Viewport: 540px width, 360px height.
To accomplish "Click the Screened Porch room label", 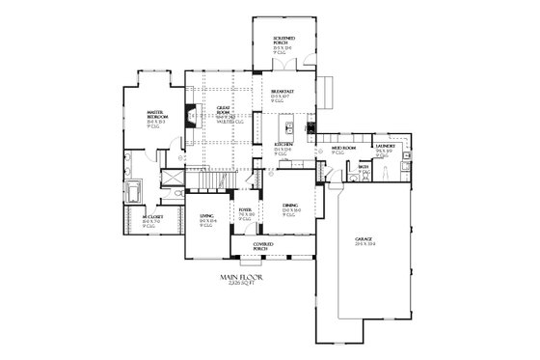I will (283, 38).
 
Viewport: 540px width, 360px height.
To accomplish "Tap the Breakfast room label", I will (283, 92).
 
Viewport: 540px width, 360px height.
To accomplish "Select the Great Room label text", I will (223, 109).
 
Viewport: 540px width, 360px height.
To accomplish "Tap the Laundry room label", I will (385, 147).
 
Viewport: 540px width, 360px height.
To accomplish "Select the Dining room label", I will (290, 206).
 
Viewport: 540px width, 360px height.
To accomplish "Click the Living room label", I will (206, 216).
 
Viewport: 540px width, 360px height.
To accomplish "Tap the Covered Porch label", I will (263, 245).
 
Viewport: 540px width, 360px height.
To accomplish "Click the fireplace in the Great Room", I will (192, 115).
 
